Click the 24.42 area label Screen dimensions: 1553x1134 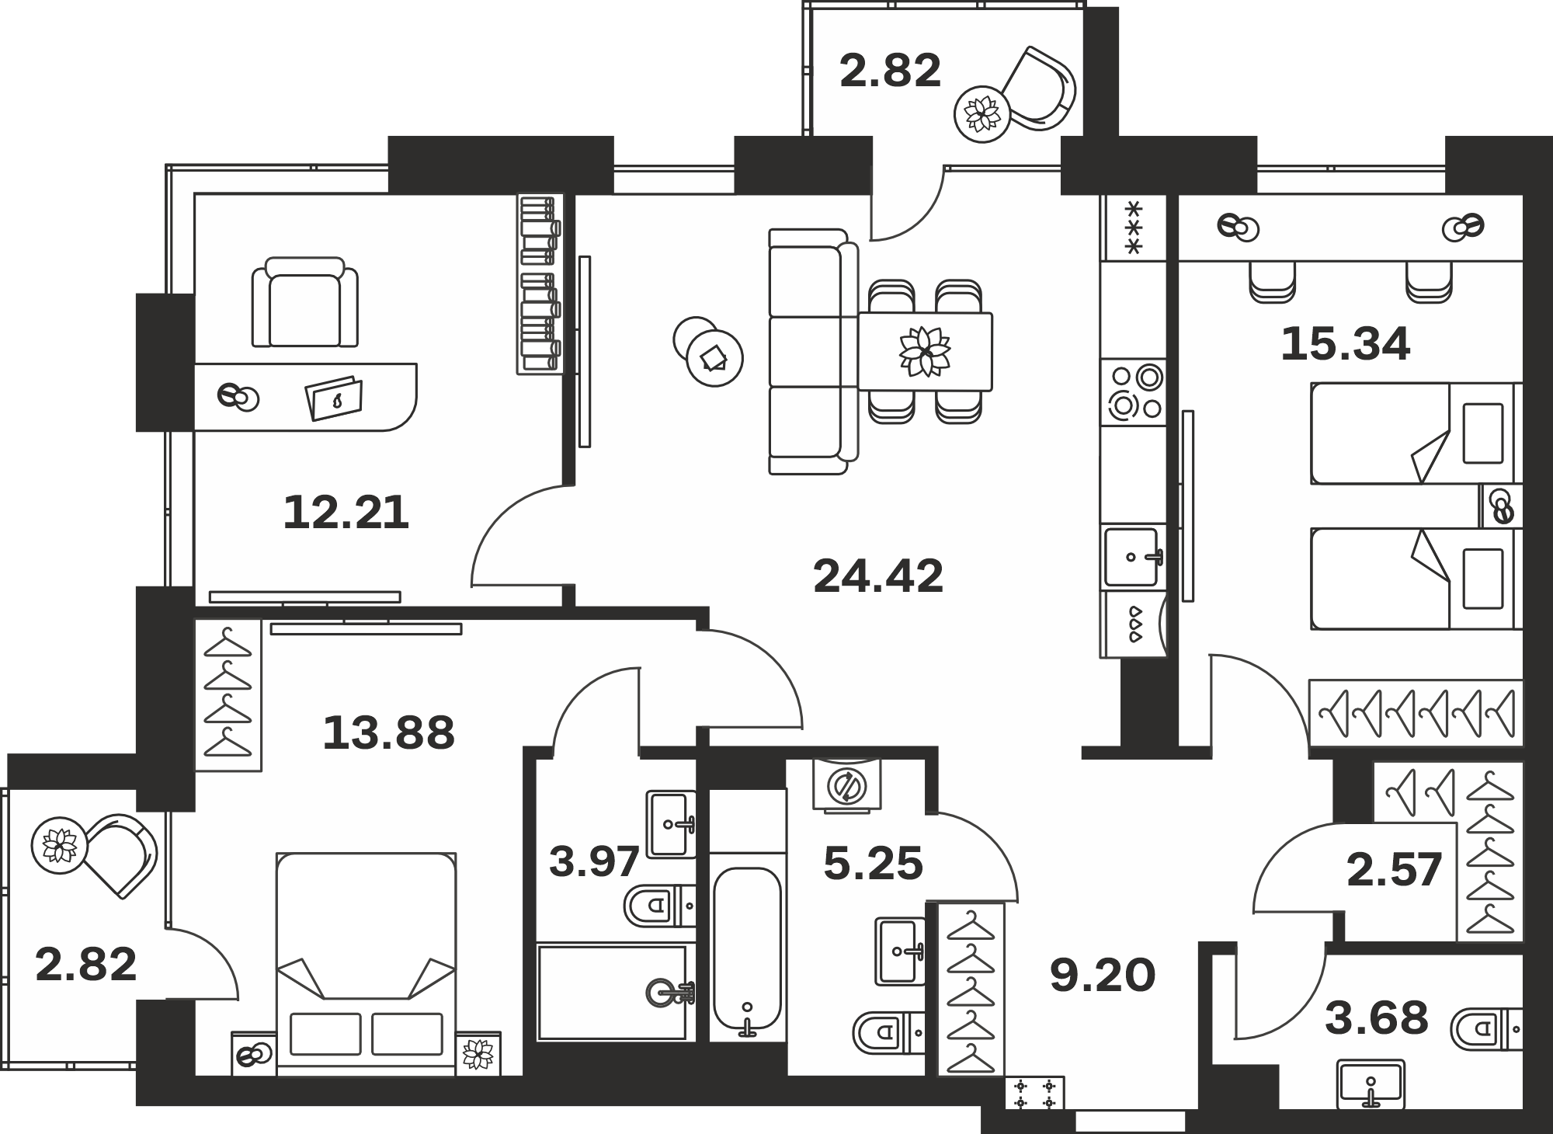tap(878, 576)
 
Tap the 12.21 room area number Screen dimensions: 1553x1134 tap(346, 513)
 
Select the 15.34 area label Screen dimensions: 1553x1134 tap(1345, 344)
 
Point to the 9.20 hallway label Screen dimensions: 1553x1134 tap(1103, 976)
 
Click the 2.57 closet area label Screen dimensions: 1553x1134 tap(1394, 869)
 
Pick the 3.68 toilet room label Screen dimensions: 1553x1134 tap(1376, 1017)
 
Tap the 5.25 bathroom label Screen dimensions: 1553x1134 tap(873, 864)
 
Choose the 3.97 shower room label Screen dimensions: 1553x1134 tap(594, 861)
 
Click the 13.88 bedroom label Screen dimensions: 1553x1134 tap(388, 732)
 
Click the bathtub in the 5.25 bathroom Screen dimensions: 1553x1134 tap(747, 952)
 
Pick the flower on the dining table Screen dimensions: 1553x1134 tap(925, 351)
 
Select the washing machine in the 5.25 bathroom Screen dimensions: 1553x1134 tap(846, 784)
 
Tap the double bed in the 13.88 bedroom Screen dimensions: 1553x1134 tap(366, 964)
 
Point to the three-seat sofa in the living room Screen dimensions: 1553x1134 tap(813, 351)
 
